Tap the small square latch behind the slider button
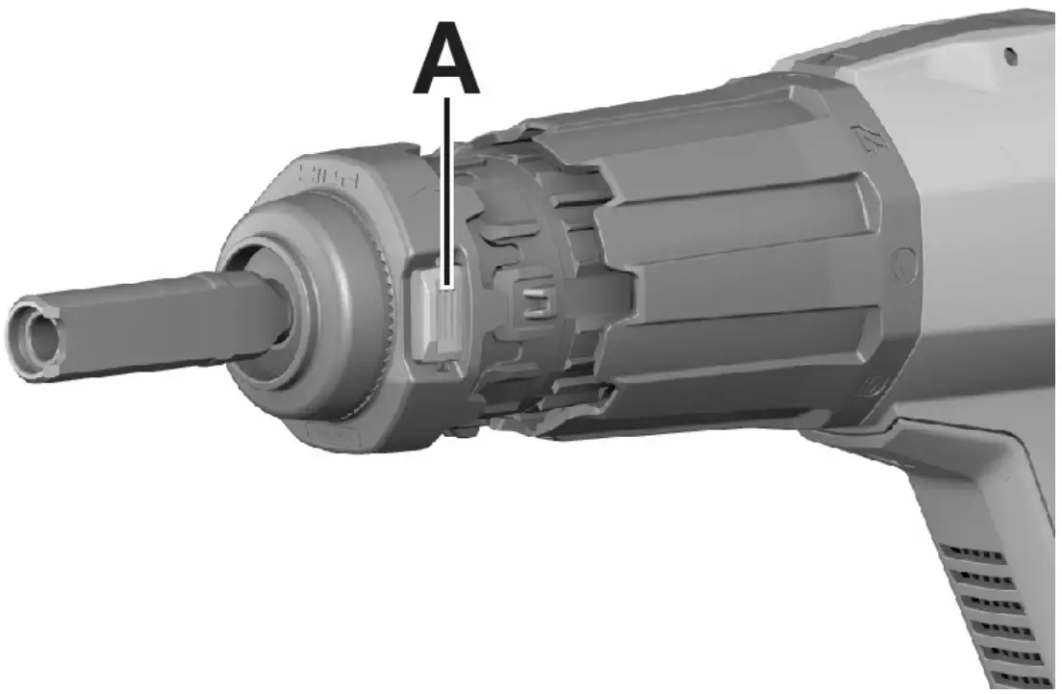pos(534,303)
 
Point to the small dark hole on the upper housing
pos(1010,57)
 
